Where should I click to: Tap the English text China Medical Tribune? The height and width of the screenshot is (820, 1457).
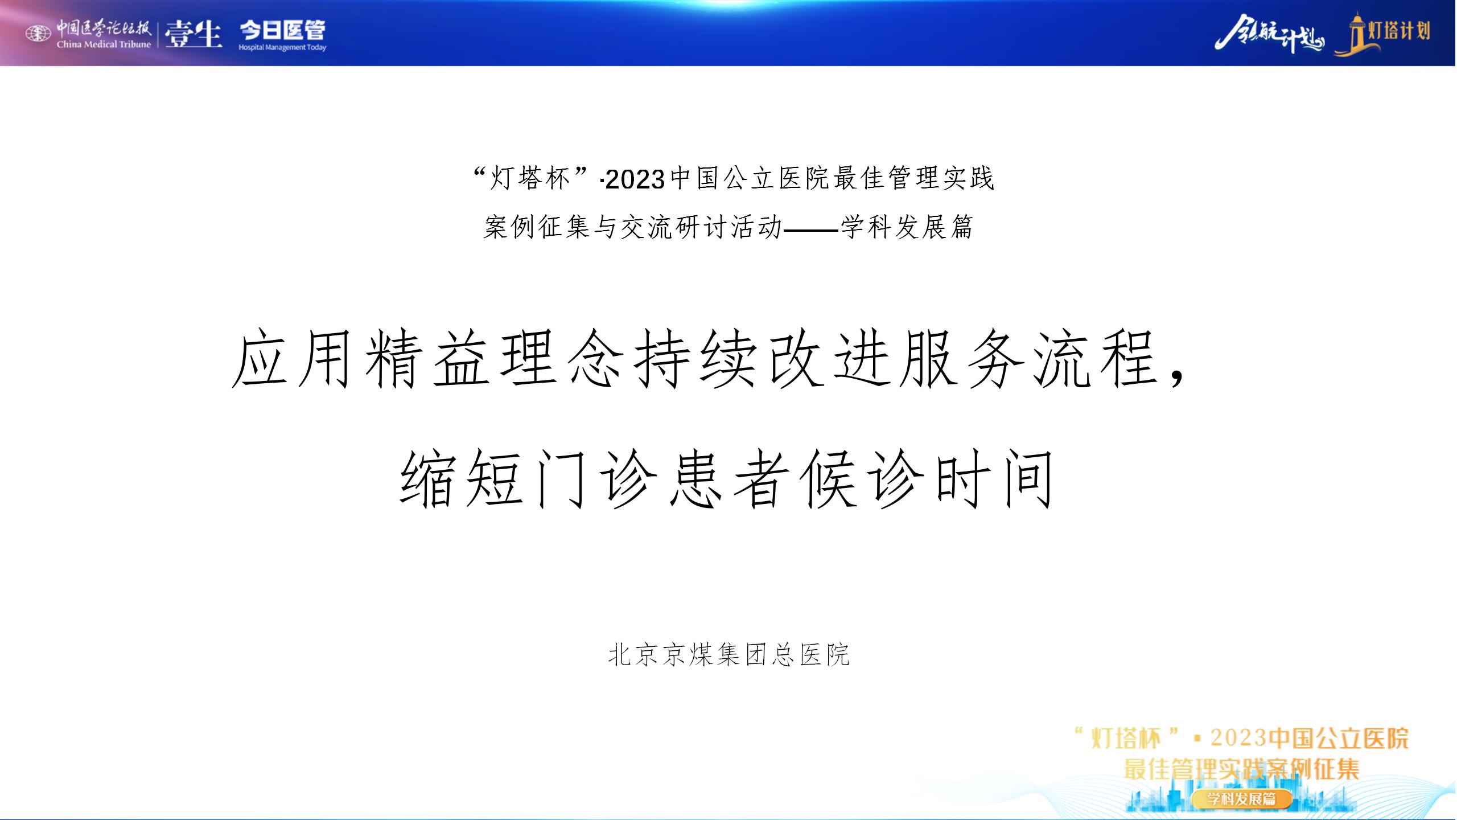tap(104, 44)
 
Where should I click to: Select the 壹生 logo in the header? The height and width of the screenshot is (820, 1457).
tap(193, 34)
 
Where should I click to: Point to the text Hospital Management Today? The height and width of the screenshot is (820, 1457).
tap(282, 47)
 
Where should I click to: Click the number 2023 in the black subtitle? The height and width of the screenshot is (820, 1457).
tap(635, 180)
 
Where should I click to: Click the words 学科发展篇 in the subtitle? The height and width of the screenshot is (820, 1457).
tap(907, 228)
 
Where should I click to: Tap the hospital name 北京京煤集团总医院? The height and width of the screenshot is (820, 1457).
tap(728, 655)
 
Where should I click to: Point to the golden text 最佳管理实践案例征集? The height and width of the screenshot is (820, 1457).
tap(1241, 769)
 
